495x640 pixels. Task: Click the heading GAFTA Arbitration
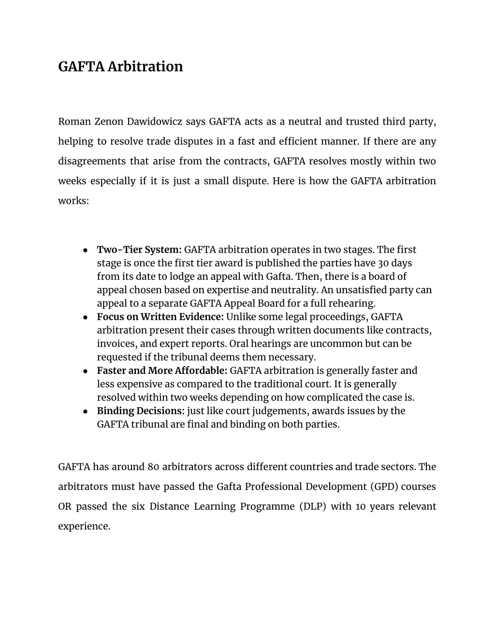[x=120, y=66]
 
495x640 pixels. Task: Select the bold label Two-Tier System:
[x=139, y=250]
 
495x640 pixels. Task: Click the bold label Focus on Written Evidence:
[x=160, y=317]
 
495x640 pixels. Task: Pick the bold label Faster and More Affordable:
[x=162, y=370]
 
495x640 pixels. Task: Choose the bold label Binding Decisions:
[x=141, y=411]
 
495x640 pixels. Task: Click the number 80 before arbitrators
[x=154, y=467]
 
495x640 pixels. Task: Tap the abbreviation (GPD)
[x=384, y=486]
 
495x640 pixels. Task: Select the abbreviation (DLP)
[x=315, y=506]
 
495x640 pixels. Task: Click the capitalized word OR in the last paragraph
[x=65, y=506]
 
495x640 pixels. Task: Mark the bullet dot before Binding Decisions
[x=85, y=411]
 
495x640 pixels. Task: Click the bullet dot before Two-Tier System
[x=85, y=250]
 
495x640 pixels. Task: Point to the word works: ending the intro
[x=73, y=200]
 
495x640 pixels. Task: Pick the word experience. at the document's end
[x=84, y=526]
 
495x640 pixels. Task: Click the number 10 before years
[x=361, y=506]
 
